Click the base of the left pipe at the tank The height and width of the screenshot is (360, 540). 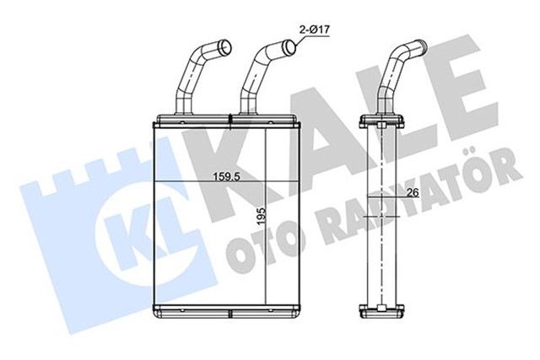coord(181,108)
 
